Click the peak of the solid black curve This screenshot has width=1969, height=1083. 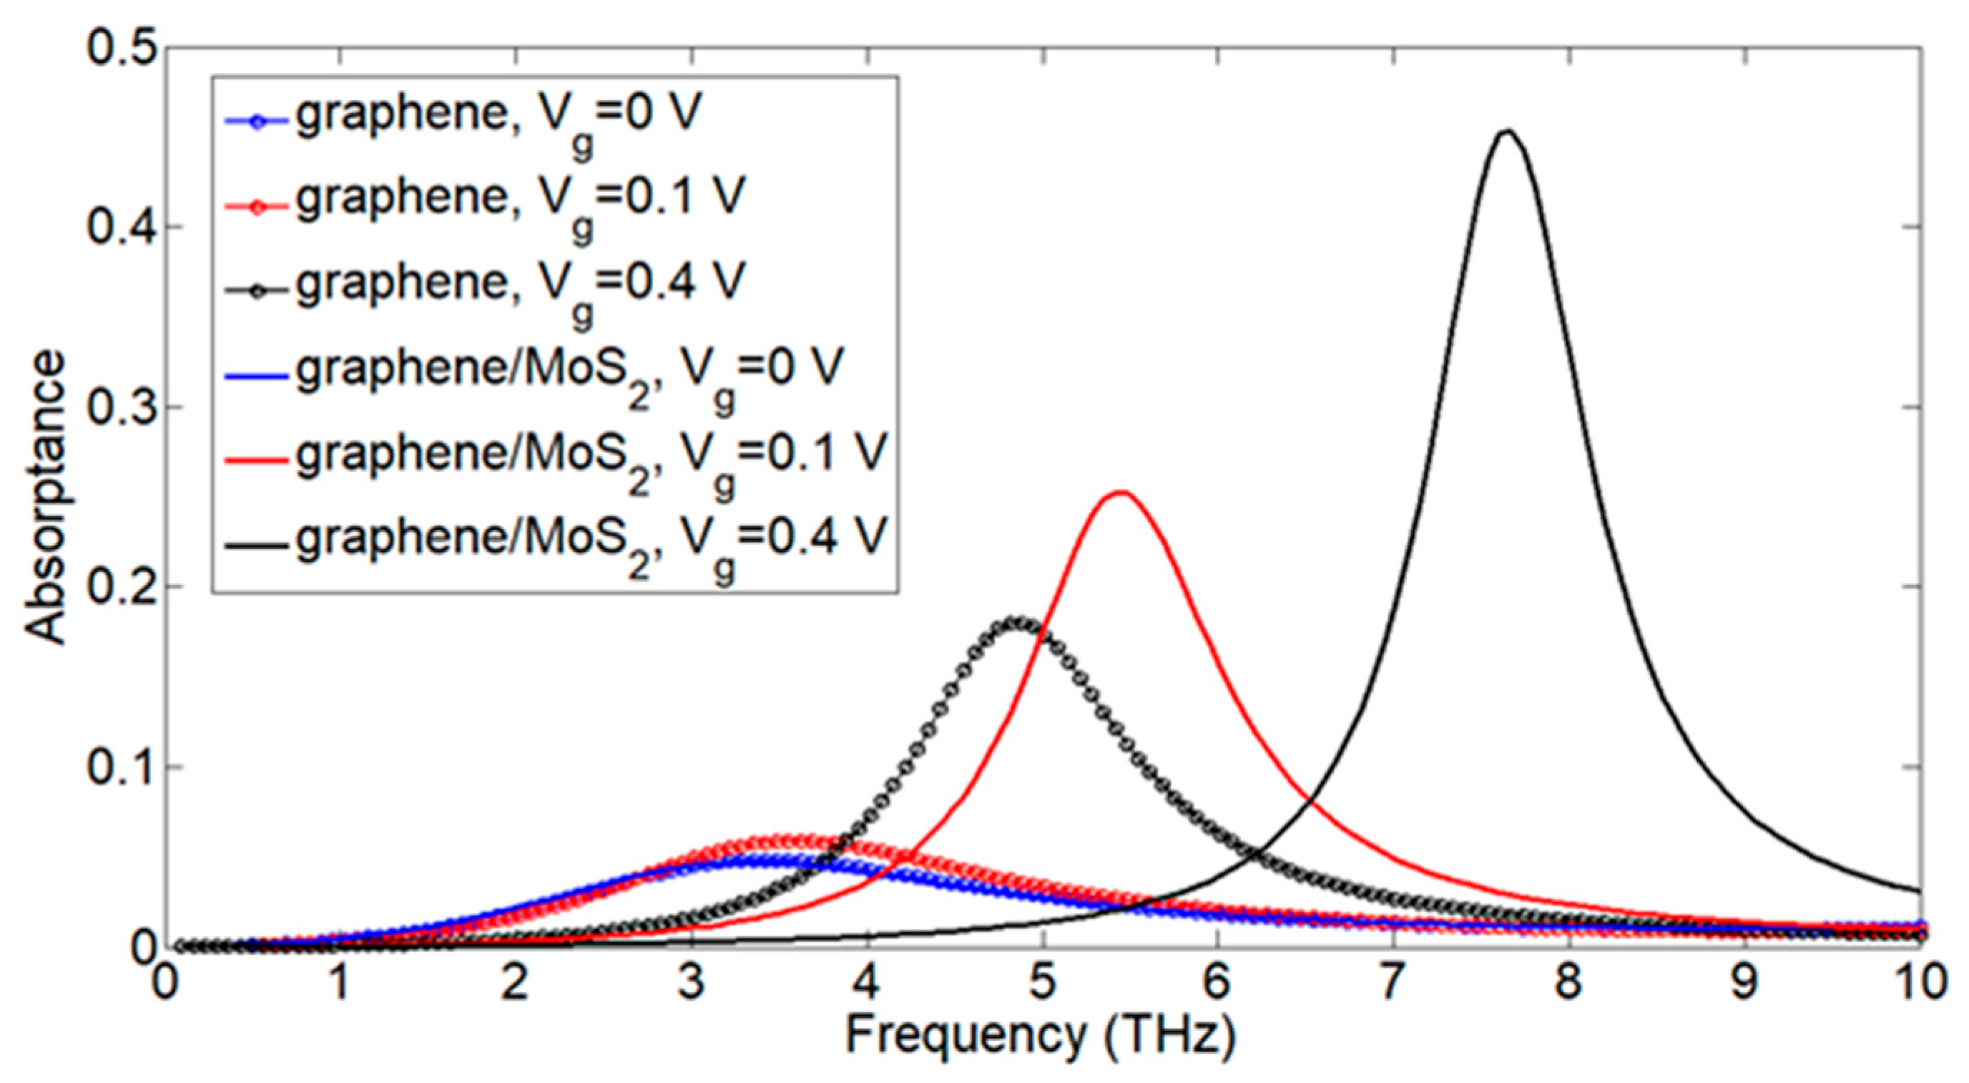1505,132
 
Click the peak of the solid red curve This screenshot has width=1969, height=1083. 1120,492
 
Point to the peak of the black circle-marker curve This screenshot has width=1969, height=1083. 1016,622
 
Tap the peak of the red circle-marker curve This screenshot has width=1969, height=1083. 795,840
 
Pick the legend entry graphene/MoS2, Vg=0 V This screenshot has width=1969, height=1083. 569,370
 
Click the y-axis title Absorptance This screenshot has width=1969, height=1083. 44,497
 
